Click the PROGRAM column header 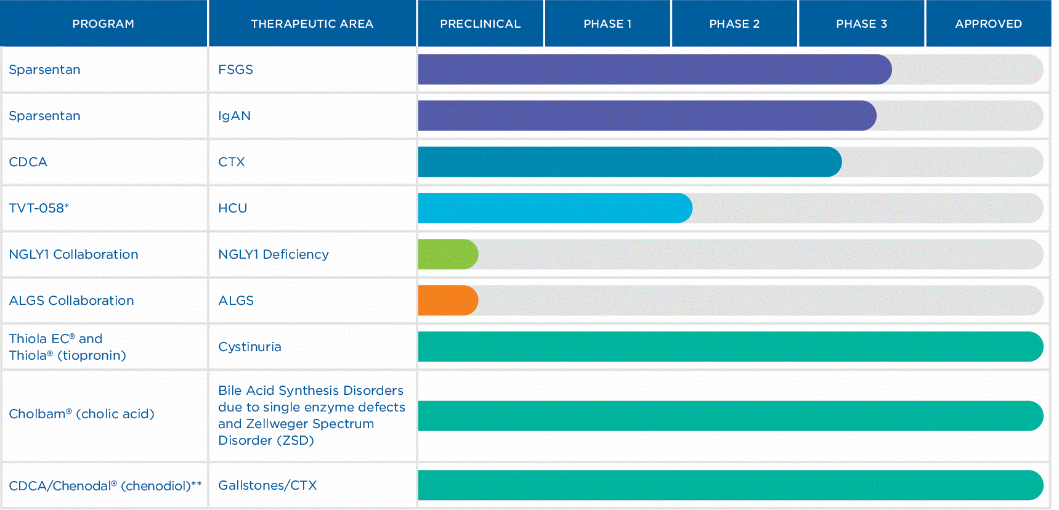[103, 24]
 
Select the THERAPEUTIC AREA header [312, 24]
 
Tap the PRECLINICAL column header [480, 24]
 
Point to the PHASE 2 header [734, 24]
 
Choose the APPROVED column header [988, 24]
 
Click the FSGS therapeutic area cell [235, 70]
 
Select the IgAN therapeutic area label [234, 116]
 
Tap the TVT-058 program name [39, 208]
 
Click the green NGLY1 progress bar [447, 254]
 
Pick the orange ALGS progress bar [447, 301]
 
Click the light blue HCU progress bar [554, 208]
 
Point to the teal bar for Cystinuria [730, 347]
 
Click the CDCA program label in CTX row [28, 162]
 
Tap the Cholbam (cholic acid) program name [81, 414]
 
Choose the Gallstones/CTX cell [267, 485]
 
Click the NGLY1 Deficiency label [273, 254]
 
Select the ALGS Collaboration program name [71, 301]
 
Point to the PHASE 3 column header [861, 24]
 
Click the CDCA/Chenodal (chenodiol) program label [105, 486]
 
